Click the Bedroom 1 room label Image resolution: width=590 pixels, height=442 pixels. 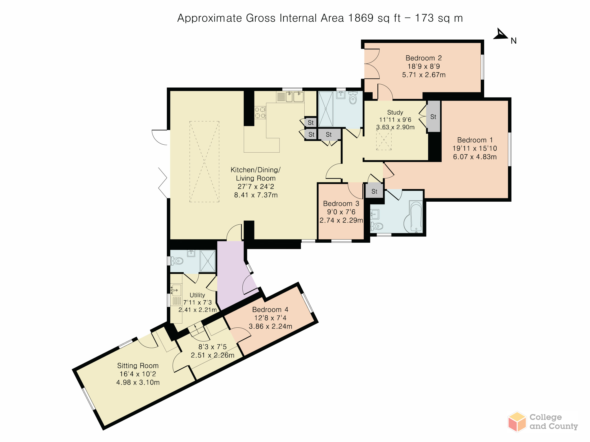pyautogui.click(x=475, y=140)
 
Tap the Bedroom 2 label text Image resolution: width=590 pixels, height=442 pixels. pyautogui.click(x=424, y=58)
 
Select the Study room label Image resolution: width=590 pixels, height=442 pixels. pyautogui.click(x=395, y=112)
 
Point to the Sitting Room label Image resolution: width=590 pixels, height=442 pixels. pyautogui.click(x=138, y=366)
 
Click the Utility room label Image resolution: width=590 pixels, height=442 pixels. pyautogui.click(x=197, y=295)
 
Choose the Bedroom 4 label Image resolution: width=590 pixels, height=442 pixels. pyautogui.click(x=270, y=310)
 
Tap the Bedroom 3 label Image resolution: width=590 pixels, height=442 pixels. pyautogui.click(x=341, y=203)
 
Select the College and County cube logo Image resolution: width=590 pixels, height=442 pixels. pyautogui.click(x=517, y=422)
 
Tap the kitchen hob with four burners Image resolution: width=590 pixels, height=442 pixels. pyautogui.click(x=260, y=112)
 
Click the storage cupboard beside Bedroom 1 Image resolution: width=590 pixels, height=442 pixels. pyautogui.click(x=433, y=116)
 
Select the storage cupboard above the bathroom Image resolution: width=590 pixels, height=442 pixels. pyautogui.click(x=374, y=191)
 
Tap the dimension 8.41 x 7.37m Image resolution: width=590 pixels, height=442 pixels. pyautogui.click(x=256, y=195)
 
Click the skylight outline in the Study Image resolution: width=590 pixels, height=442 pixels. pyautogui.click(x=384, y=140)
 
